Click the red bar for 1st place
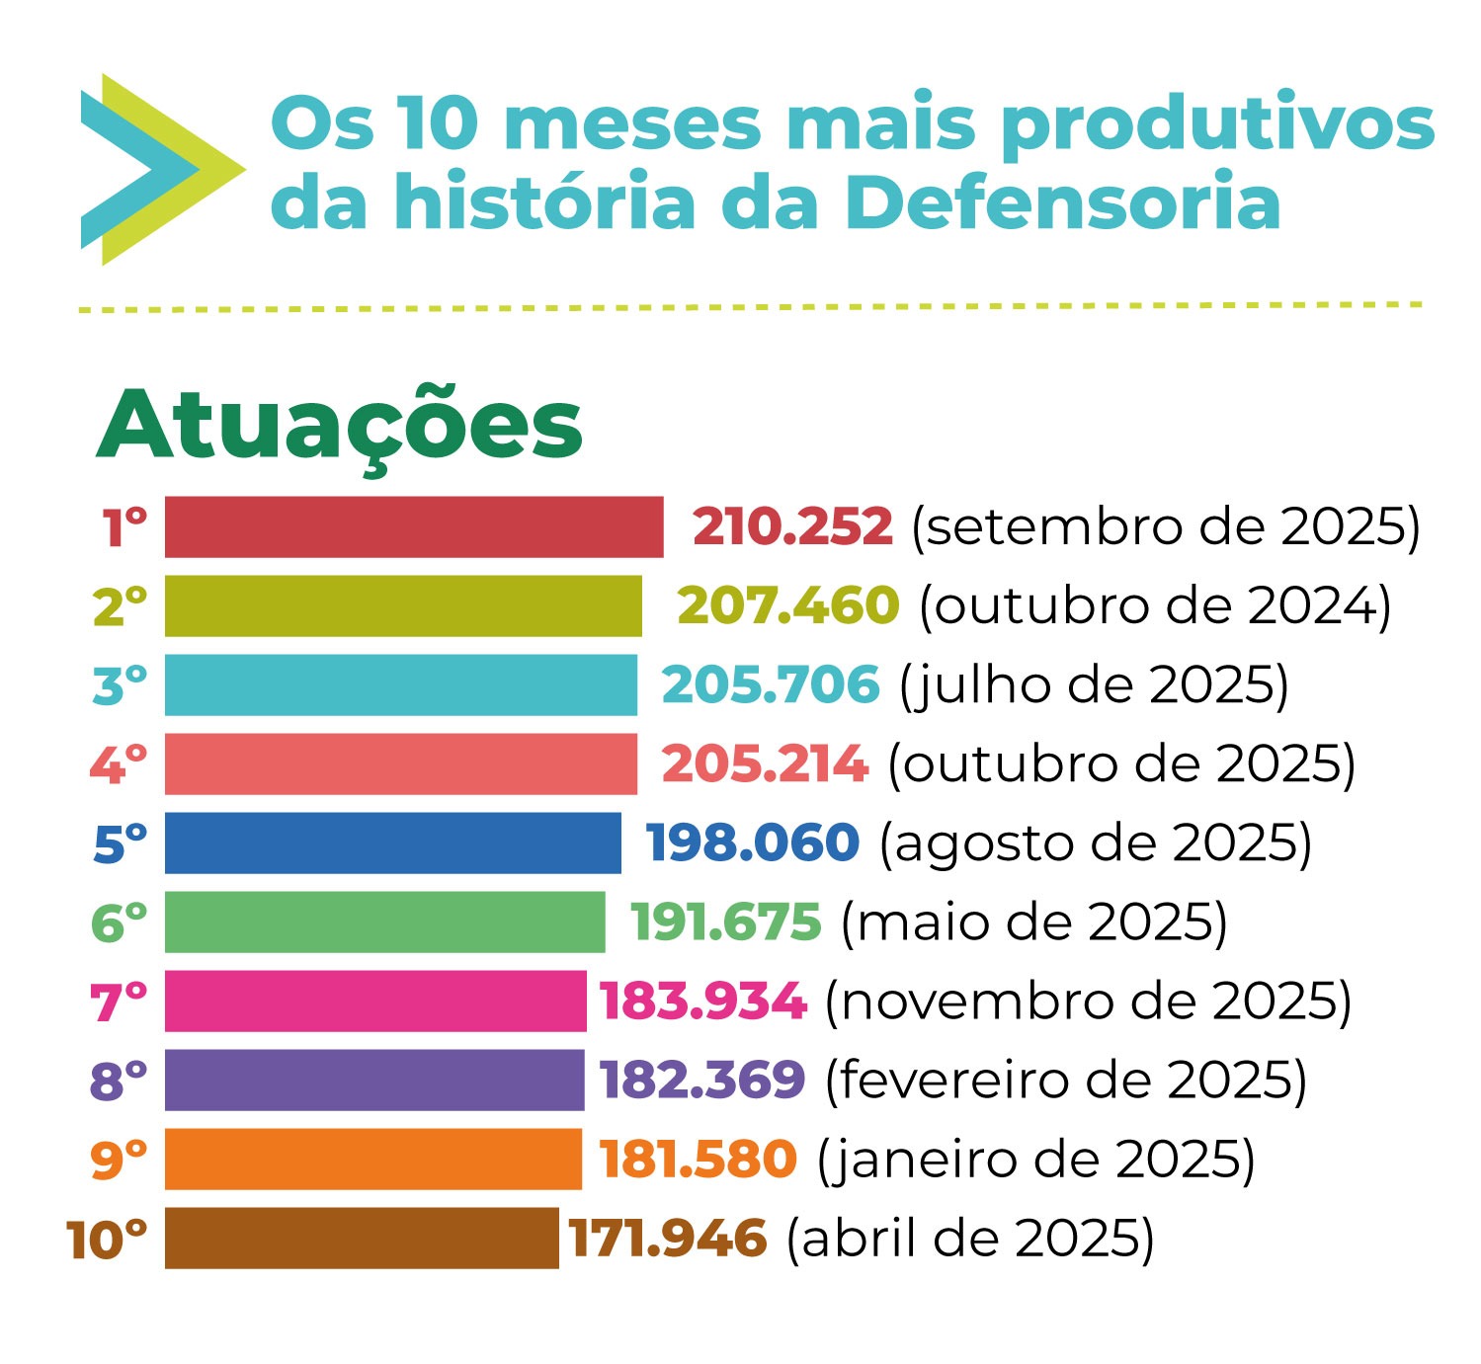pos(413,526)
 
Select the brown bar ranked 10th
pos(361,1238)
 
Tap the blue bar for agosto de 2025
pos(392,842)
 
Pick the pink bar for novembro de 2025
pos(374,1001)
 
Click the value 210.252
pos(792,526)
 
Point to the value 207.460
pos(788,605)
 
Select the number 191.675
pos(726,922)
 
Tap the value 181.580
pos(698,1159)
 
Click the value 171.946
pos(668,1238)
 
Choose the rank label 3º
pos(120,685)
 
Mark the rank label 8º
pos(119,1081)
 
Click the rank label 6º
pos(119,923)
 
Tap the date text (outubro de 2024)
pos(1155,605)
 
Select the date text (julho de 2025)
pos(1094,684)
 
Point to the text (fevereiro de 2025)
pos(1066,1080)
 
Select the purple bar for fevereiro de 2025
pos(373,1080)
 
